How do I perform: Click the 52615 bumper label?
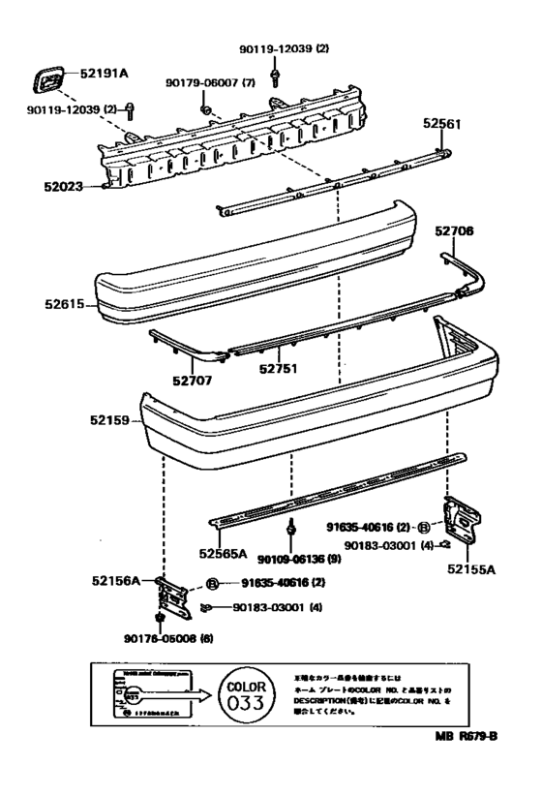(x=65, y=304)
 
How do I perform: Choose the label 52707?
(x=193, y=380)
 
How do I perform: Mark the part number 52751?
(x=278, y=369)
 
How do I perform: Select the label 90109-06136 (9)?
(x=299, y=558)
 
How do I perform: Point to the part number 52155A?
(x=471, y=569)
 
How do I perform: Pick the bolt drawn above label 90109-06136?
(x=291, y=531)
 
